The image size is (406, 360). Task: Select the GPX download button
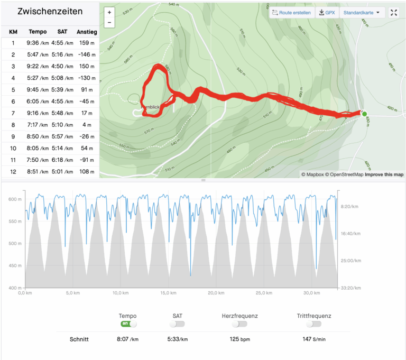click(x=327, y=13)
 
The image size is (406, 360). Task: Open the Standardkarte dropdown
click(x=361, y=13)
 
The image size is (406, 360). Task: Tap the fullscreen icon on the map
click(x=394, y=13)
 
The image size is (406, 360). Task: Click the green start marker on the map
click(x=364, y=113)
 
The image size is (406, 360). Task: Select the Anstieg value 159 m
click(x=86, y=43)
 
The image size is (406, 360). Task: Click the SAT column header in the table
click(x=61, y=32)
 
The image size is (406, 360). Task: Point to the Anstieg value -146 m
click(x=86, y=54)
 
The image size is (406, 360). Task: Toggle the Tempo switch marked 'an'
click(x=128, y=324)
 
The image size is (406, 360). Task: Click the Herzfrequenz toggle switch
click(x=239, y=324)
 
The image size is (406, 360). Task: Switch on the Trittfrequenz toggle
click(x=314, y=324)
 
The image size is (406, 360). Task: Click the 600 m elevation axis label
click(x=15, y=199)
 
